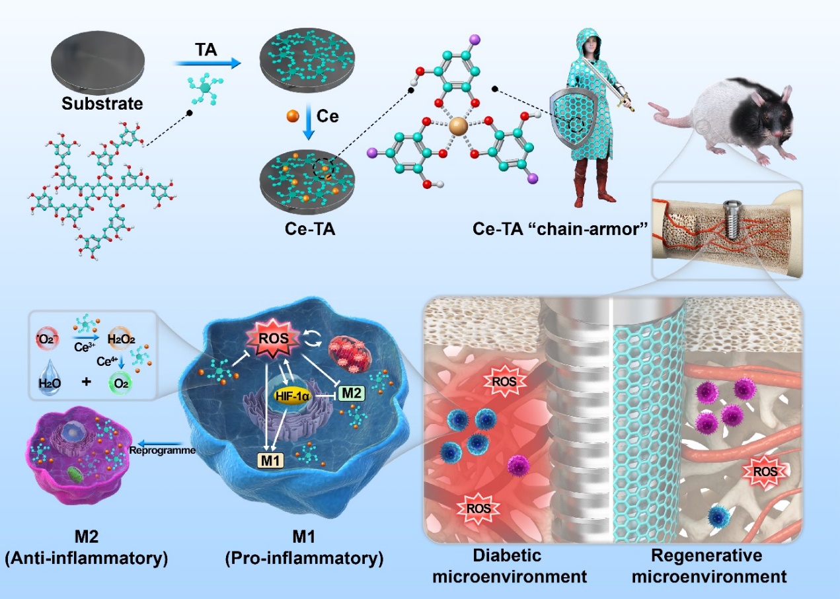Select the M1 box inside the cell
[x=269, y=458]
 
